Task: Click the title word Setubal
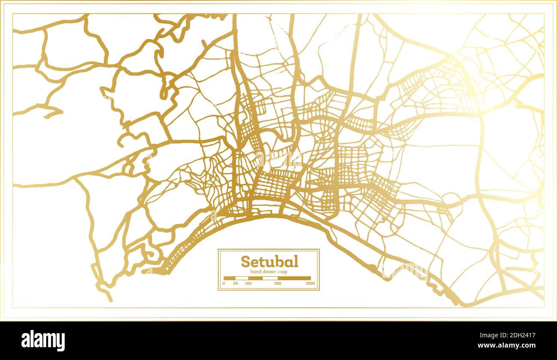point(270,261)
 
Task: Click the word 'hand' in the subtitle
point(256,272)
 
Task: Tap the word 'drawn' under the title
point(269,272)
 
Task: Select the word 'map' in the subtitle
point(283,272)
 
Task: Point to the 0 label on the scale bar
point(224,283)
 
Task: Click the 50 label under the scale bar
point(236,283)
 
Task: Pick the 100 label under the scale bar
point(248,283)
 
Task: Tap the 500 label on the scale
point(278,283)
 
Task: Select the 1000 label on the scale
point(311,283)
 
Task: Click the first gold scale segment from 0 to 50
point(230,278)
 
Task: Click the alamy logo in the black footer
point(43,341)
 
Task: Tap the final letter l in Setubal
point(296,261)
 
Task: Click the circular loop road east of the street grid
point(450,198)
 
